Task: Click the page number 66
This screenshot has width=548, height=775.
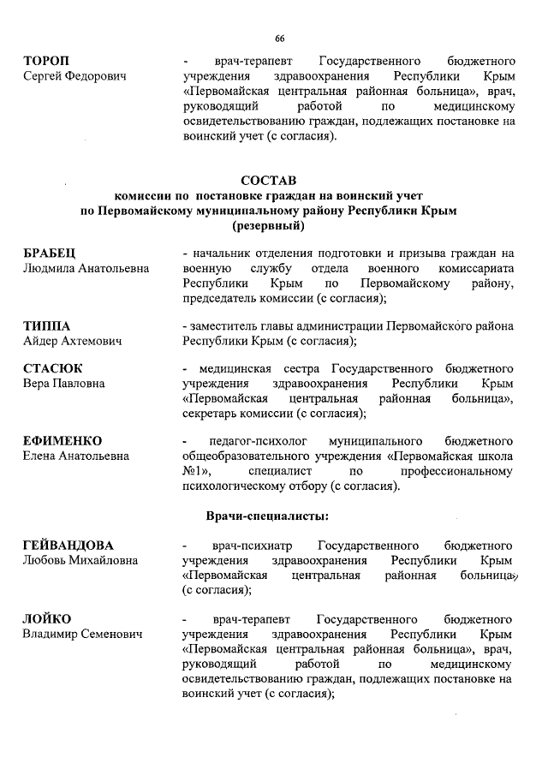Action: point(279,39)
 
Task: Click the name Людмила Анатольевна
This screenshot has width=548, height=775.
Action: point(86,268)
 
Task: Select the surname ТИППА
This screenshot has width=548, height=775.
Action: point(46,325)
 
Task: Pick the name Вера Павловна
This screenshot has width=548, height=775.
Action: point(63,384)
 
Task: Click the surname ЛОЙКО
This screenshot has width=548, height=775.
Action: point(47,618)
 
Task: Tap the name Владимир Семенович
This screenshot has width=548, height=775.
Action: point(82,634)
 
